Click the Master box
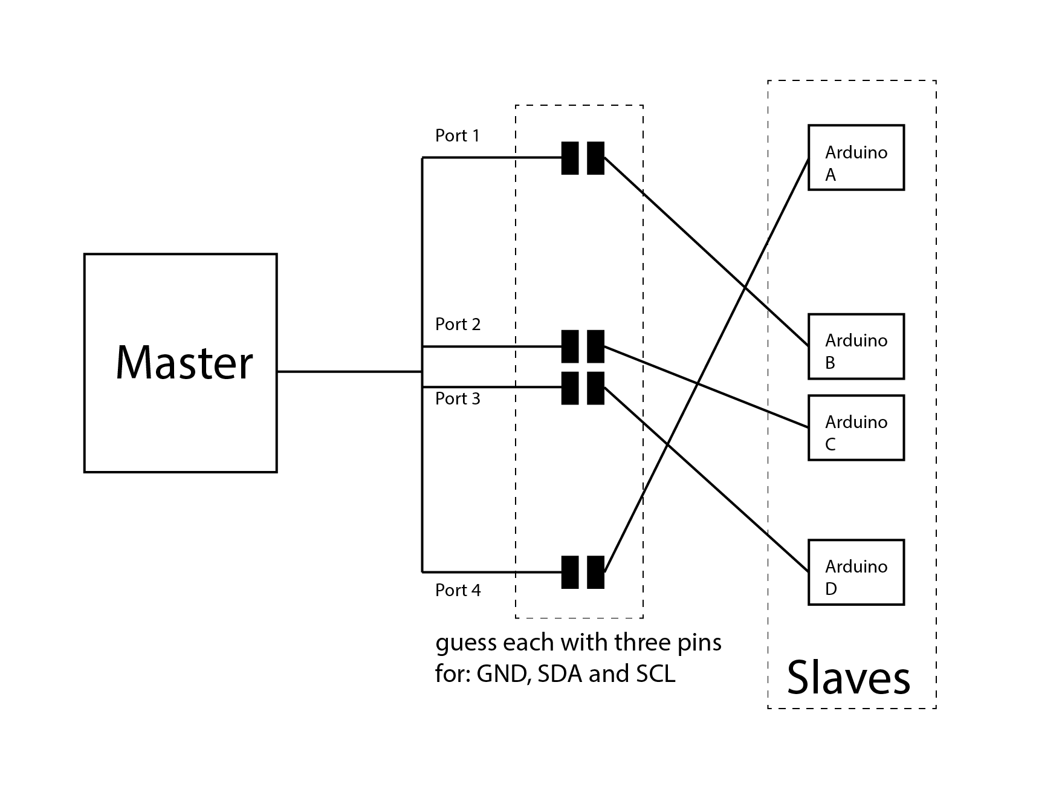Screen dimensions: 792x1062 coord(180,363)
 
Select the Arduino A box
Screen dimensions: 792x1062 coord(856,158)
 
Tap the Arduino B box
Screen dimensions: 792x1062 coord(856,346)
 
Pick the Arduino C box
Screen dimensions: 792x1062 coord(856,428)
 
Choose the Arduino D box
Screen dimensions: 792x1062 coord(856,573)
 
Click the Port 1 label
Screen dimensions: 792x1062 coord(458,135)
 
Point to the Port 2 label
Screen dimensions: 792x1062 coord(458,325)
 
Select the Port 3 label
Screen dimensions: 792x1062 coord(458,399)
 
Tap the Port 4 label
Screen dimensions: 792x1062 coord(458,590)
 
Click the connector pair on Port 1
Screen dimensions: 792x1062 coord(583,158)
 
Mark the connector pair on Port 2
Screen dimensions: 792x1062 coord(583,346)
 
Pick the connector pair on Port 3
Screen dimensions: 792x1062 coord(583,388)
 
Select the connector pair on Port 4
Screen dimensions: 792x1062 coord(583,572)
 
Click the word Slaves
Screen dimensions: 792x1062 coord(848,677)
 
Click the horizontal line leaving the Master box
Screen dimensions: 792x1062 coord(349,371)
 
